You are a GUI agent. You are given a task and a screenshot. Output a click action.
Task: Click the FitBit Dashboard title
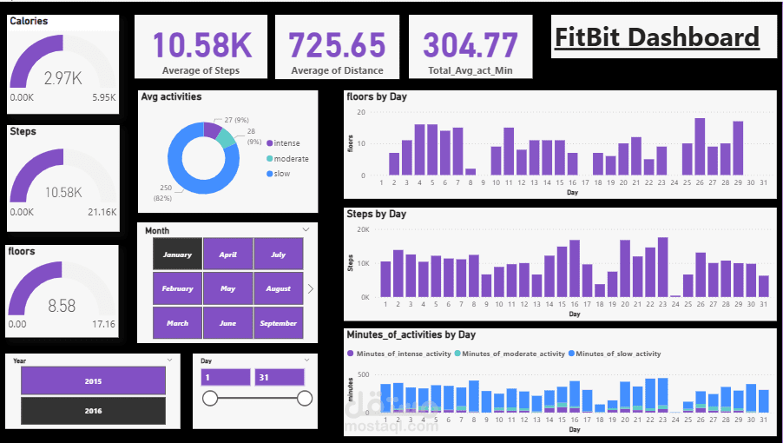pyautogui.click(x=657, y=37)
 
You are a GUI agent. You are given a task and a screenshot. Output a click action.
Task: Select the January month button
pyautogui.click(x=177, y=255)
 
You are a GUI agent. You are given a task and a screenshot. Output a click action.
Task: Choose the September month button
pyautogui.click(x=279, y=323)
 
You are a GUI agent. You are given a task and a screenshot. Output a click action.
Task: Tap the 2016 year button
pyautogui.click(x=93, y=411)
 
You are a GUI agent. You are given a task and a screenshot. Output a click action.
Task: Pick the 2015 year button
pyautogui.click(x=93, y=380)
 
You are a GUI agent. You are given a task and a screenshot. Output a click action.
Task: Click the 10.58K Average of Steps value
pyautogui.click(x=201, y=44)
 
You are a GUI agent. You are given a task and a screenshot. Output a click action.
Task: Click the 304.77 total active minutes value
pyautogui.click(x=470, y=44)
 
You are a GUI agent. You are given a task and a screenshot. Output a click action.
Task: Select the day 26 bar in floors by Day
pyautogui.click(x=700, y=147)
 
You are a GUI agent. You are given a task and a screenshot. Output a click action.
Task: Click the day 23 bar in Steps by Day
pyautogui.click(x=662, y=268)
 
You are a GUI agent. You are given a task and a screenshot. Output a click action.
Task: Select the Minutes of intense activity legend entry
pyautogui.click(x=400, y=354)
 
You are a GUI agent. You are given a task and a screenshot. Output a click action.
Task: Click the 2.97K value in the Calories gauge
pyautogui.click(x=63, y=79)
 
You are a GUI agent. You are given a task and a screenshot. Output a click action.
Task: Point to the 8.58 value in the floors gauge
pyautogui.click(x=63, y=306)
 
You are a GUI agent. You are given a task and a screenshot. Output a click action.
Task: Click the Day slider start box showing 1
pyautogui.click(x=226, y=377)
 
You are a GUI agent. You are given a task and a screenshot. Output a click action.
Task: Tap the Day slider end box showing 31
pyautogui.click(x=279, y=377)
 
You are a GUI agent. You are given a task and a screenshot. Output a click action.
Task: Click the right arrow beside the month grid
pyautogui.click(x=311, y=288)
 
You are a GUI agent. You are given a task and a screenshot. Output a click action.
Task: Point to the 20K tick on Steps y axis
pyautogui.click(x=363, y=229)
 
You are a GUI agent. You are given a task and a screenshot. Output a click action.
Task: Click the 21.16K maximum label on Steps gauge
pyautogui.click(x=102, y=212)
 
